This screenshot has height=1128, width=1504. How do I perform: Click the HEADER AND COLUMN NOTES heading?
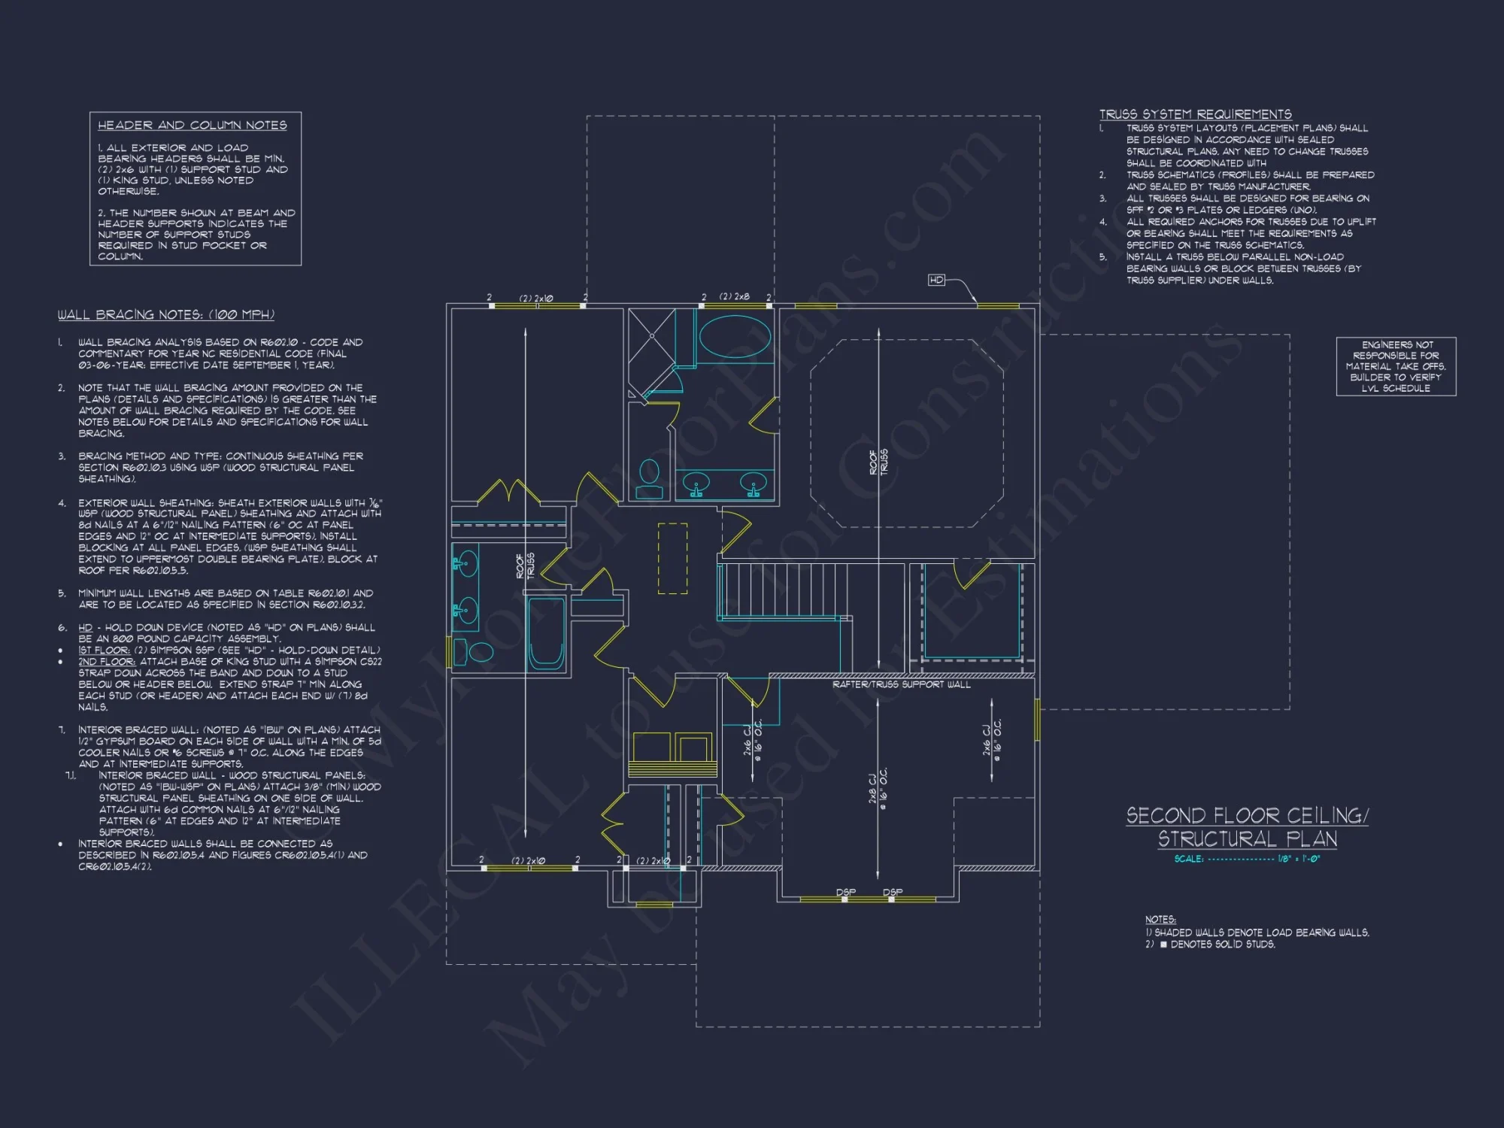tap(193, 126)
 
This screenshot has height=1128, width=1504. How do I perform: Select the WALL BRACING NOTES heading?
tap(166, 314)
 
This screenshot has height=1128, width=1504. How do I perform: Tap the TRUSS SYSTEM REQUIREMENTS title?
tap(1195, 114)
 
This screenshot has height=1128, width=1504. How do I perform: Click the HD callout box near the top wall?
tap(936, 280)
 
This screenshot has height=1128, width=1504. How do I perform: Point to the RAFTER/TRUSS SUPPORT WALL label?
tap(901, 684)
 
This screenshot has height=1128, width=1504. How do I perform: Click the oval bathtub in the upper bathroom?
tap(735, 336)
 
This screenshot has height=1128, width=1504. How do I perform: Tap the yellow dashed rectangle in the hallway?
tap(672, 558)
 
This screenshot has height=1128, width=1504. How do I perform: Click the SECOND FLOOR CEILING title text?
tap(1247, 816)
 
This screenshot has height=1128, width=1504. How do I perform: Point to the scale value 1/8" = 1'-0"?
tap(1299, 859)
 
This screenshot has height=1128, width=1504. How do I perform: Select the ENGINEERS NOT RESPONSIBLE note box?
tap(1396, 366)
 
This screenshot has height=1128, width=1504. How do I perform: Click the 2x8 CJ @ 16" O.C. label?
tap(878, 788)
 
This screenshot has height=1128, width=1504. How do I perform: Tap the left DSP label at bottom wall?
tap(845, 892)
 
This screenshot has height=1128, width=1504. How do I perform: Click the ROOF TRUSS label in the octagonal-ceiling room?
tap(878, 462)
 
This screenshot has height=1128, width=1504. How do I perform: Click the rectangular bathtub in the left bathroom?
tap(546, 632)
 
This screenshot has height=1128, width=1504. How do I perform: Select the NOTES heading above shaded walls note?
tap(1160, 920)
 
